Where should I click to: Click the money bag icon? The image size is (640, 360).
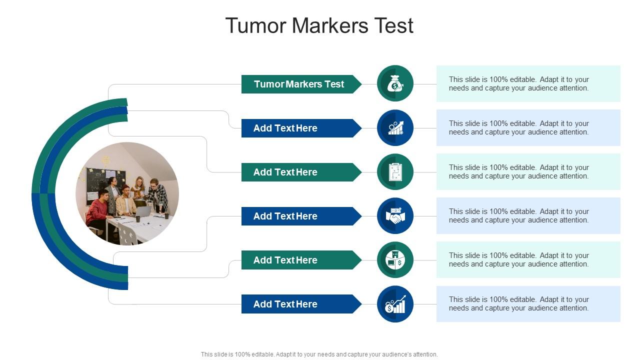[395, 83]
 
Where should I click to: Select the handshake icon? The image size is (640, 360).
[395, 216]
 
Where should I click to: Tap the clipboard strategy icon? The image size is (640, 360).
[395, 172]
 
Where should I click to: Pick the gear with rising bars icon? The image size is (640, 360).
[395, 128]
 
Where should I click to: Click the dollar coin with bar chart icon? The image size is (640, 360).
[395, 304]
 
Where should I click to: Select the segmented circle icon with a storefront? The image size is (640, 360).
[395, 260]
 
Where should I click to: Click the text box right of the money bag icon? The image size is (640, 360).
[528, 83]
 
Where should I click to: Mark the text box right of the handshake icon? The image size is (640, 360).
[528, 216]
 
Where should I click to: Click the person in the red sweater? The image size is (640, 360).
[97, 210]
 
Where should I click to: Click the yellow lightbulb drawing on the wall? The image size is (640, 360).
[105, 160]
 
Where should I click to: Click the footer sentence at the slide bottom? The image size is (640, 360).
[319, 354]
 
